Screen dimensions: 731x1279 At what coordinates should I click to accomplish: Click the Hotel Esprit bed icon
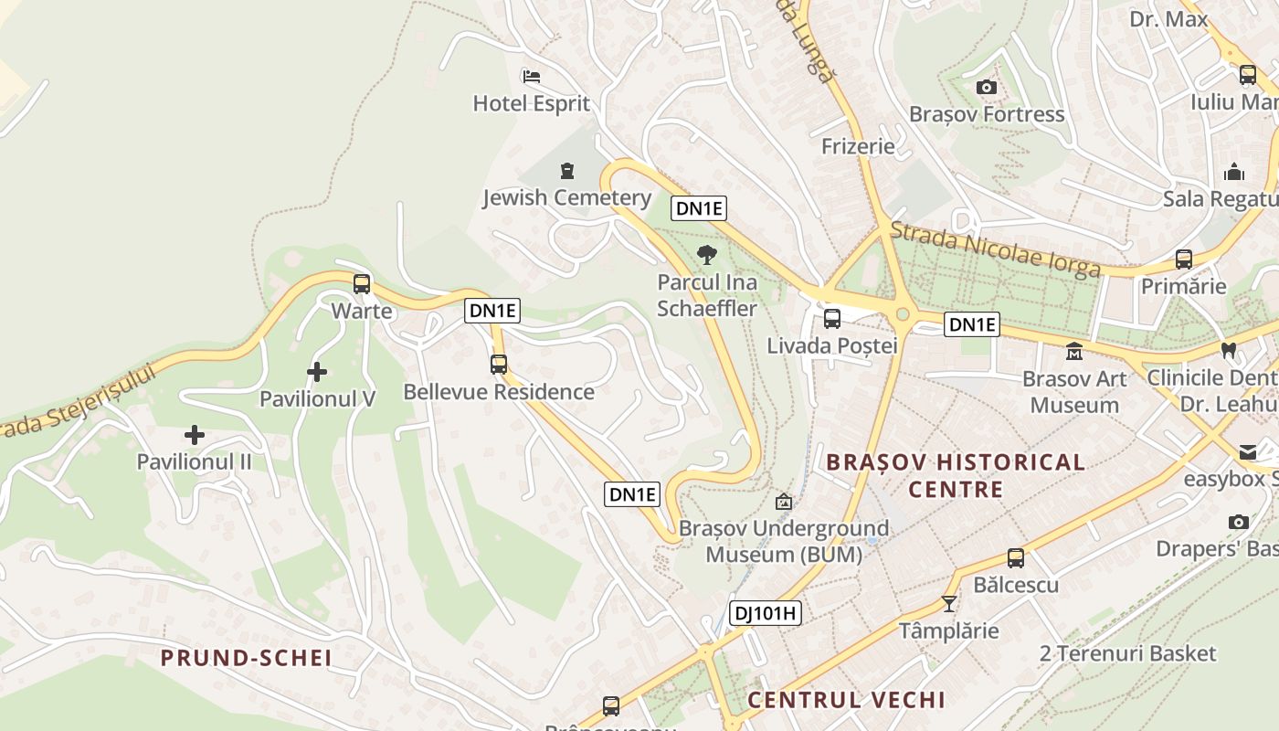(531, 76)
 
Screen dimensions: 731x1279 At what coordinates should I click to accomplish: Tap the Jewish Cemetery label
(566, 197)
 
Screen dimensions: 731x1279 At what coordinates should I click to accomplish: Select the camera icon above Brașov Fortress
(986, 88)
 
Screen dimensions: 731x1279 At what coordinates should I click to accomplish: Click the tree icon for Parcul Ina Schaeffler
(706, 255)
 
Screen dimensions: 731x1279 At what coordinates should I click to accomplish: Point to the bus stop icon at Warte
(362, 283)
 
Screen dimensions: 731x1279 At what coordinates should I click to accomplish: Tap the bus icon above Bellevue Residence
(499, 364)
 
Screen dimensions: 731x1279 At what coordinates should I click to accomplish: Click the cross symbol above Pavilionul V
(317, 372)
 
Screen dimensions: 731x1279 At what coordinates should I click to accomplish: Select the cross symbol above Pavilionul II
(195, 435)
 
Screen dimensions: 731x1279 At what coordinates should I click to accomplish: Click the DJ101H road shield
(766, 613)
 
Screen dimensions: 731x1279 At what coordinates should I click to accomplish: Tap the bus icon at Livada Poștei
(831, 319)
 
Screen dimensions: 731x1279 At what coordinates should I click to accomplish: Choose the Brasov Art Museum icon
(1073, 351)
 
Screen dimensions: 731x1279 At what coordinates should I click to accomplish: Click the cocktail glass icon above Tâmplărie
(949, 603)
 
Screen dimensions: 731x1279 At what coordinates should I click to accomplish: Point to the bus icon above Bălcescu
(1015, 557)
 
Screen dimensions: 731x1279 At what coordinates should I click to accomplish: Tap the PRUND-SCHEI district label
(246, 658)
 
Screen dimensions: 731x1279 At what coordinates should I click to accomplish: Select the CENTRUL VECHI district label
(846, 700)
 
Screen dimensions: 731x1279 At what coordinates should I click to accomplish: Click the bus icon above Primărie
(1184, 259)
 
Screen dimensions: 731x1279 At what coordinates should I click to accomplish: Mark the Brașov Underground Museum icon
(783, 502)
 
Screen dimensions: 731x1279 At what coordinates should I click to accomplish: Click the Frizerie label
(858, 146)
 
